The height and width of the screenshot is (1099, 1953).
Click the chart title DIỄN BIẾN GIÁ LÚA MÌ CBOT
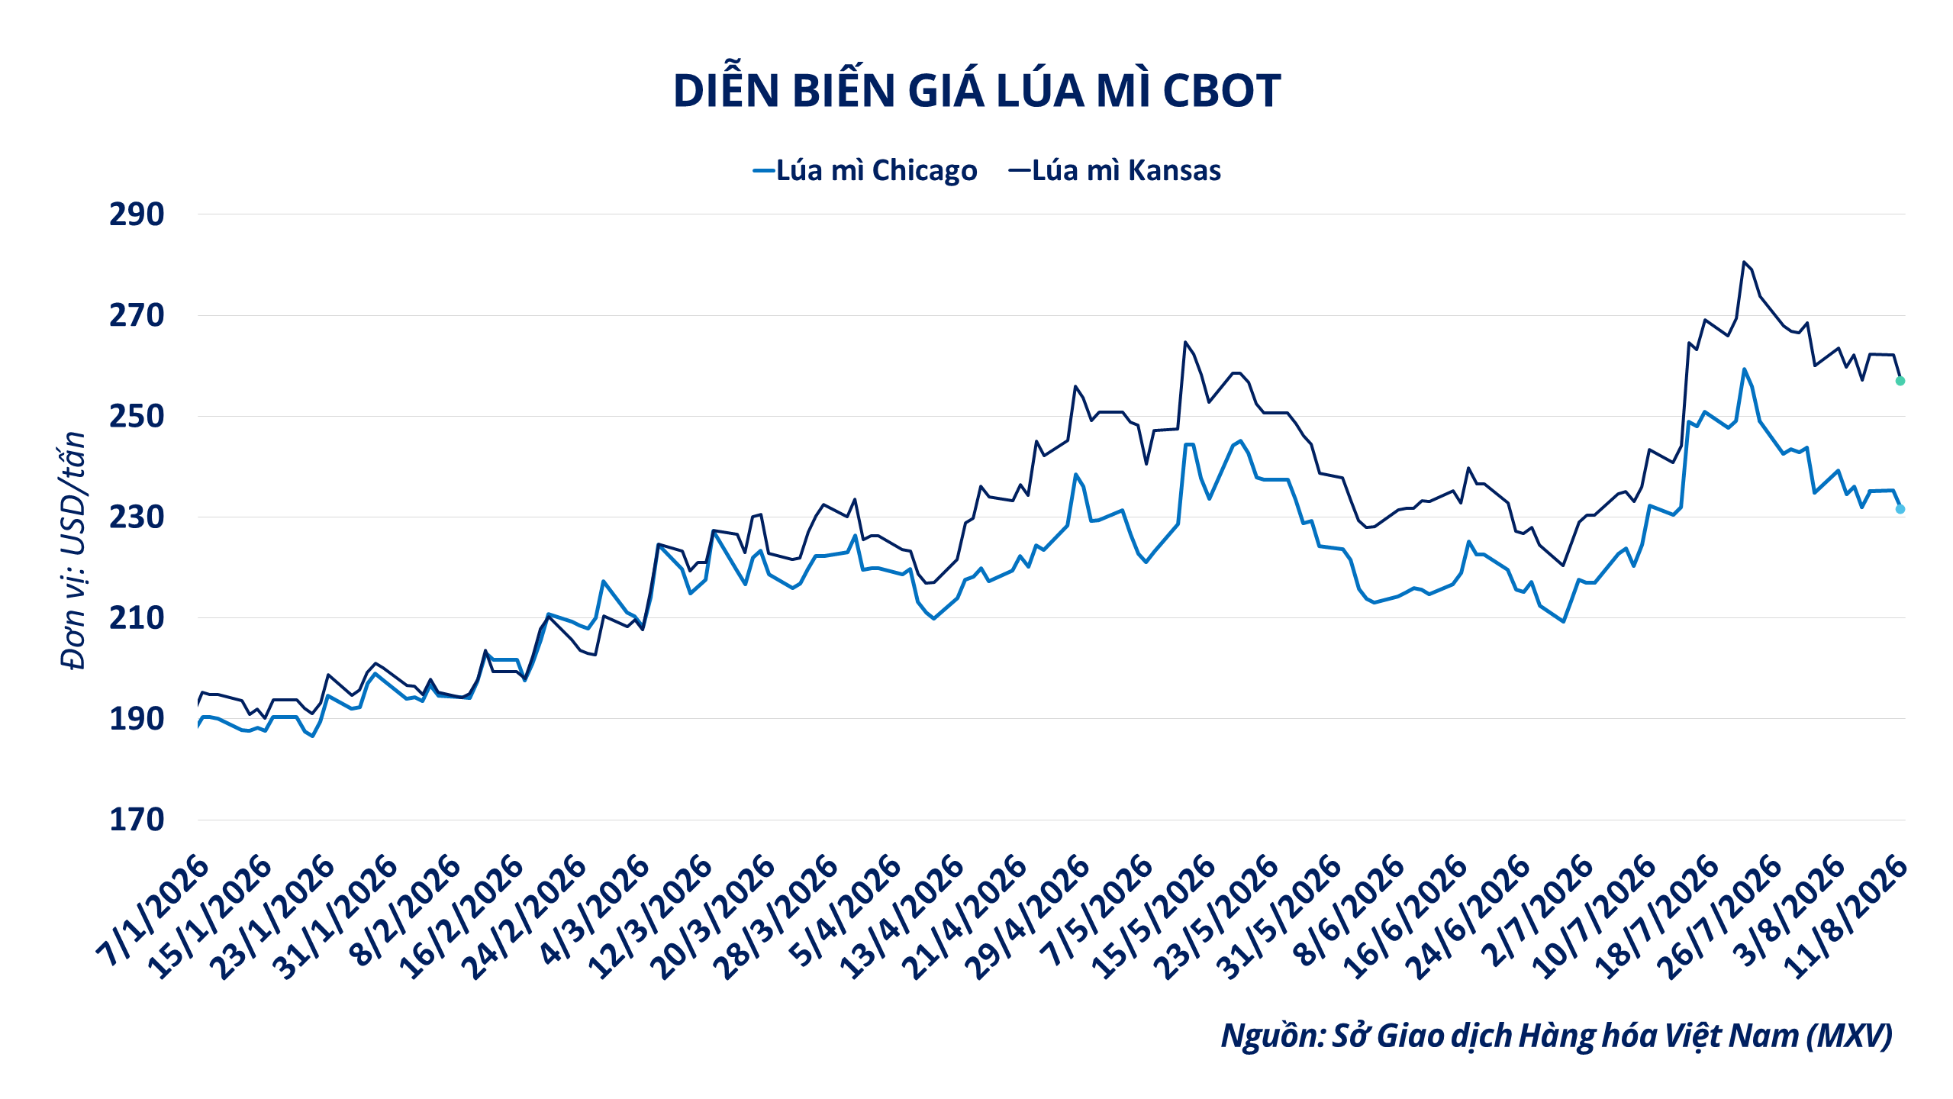[977, 90]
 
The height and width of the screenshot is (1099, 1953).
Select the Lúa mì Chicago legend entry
[865, 170]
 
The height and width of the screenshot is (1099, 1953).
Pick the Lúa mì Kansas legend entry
[1115, 170]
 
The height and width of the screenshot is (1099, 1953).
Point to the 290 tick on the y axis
[137, 214]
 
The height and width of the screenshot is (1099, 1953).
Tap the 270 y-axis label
[137, 315]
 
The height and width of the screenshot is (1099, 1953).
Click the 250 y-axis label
[137, 416]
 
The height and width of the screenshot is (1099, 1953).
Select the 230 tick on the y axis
[137, 517]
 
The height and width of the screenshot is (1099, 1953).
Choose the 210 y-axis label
[137, 617]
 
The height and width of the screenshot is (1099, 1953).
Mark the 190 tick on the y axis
[137, 718]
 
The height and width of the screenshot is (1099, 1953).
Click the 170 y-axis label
[137, 819]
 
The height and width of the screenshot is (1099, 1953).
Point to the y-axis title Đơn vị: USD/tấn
[73, 549]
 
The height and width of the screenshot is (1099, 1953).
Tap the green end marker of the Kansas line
[1900, 381]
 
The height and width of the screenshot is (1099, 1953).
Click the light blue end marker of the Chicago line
[1900, 509]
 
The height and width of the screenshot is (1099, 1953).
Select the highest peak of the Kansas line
[1744, 262]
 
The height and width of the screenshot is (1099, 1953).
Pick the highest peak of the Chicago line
[1744, 369]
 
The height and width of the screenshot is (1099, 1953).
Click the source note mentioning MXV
[1557, 1036]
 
